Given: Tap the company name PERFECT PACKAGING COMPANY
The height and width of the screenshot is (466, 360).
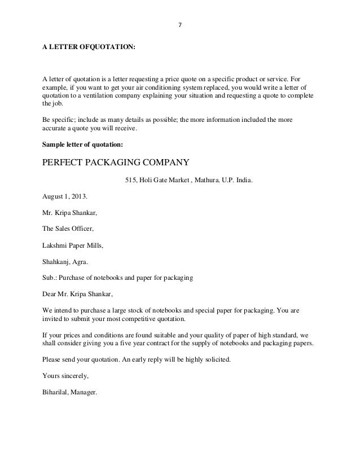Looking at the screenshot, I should [x=115, y=164].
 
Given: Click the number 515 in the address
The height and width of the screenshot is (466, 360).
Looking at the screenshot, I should [x=130, y=182].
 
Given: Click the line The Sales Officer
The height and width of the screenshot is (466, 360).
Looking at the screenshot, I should [x=67, y=229].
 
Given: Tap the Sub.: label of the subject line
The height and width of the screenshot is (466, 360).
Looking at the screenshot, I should [x=49, y=278].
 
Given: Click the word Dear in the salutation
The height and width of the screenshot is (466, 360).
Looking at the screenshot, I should [x=50, y=294].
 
